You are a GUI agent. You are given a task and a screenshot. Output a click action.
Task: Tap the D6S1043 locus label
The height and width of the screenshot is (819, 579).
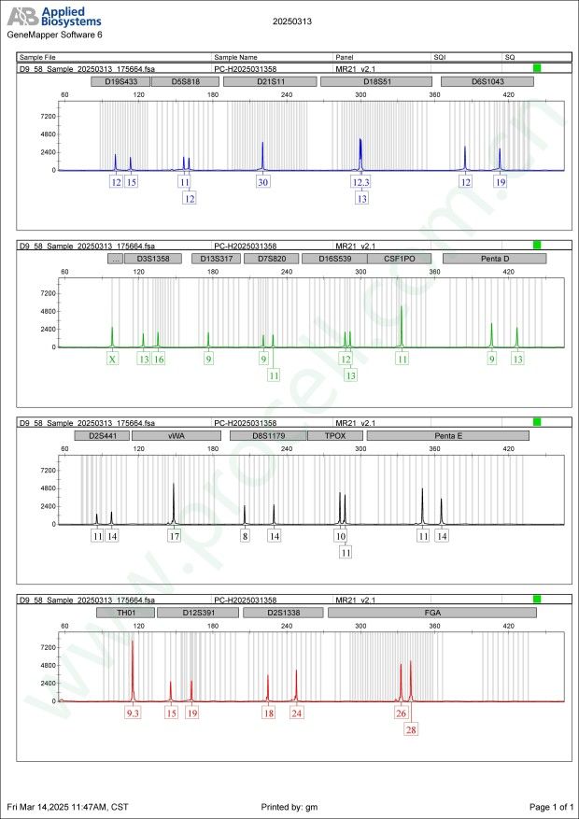(487, 81)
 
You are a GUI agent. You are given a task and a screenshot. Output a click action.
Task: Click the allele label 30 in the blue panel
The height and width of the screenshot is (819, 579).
(263, 182)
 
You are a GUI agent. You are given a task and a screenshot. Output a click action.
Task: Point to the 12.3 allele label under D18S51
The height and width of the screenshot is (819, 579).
(361, 182)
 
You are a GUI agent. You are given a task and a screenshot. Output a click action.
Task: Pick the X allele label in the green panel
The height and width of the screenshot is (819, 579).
(113, 359)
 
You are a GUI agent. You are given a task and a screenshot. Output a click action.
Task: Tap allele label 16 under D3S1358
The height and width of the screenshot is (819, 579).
(159, 359)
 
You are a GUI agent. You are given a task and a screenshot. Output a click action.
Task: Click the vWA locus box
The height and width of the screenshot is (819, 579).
(176, 435)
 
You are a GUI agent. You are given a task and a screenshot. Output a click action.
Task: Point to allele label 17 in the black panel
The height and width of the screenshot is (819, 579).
(174, 536)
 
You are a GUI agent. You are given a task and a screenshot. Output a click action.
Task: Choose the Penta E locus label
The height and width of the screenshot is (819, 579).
(447, 435)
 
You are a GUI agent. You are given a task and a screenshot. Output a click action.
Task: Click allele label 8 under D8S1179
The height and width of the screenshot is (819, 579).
(245, 536)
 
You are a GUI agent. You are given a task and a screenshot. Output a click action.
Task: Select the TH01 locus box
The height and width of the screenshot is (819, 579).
(125, 613)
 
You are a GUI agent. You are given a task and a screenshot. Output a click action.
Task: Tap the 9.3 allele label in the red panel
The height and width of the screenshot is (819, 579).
(134, 713)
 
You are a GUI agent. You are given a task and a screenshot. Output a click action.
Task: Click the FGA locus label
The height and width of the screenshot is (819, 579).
(432, 613)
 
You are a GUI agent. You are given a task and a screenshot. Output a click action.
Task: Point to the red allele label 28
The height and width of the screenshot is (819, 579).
(412, 729)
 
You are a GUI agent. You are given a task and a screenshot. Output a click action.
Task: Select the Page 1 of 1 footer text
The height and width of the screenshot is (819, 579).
(550, 806)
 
